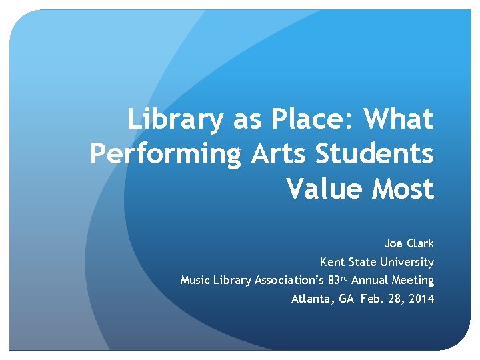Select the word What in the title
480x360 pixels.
399,121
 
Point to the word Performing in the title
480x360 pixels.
167,155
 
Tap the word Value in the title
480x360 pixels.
325,189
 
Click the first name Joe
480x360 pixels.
393,243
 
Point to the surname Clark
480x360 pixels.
420,243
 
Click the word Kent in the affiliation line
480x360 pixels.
333,262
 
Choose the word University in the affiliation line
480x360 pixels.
407,262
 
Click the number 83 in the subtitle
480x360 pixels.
335,281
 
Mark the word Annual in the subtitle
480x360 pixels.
370,281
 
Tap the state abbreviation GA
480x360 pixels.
347,299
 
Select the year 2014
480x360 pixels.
421,299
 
